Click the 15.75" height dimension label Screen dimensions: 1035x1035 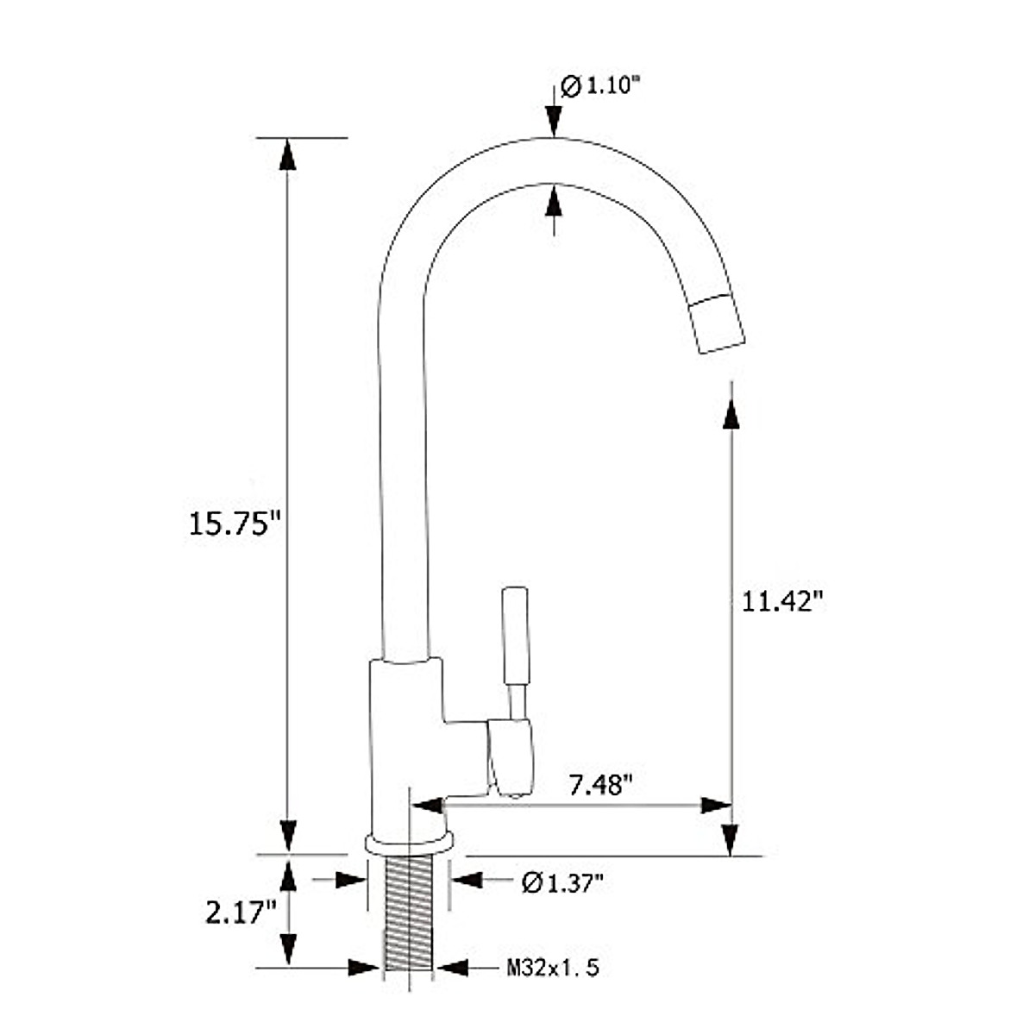[235, 524]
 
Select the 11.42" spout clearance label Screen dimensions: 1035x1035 [778, 601]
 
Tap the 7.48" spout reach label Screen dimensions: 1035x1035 [601, 785]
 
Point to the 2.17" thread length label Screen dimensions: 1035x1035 [241, 912]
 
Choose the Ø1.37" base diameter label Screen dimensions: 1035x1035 [562, 882]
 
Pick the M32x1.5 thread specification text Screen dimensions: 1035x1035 [553, 969]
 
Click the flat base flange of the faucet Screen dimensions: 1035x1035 [409, 843]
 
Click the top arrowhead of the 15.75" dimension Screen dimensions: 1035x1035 [287, 154]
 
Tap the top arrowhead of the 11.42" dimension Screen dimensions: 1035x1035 [731, 412]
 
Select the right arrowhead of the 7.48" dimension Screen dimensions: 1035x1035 [716, 806]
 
